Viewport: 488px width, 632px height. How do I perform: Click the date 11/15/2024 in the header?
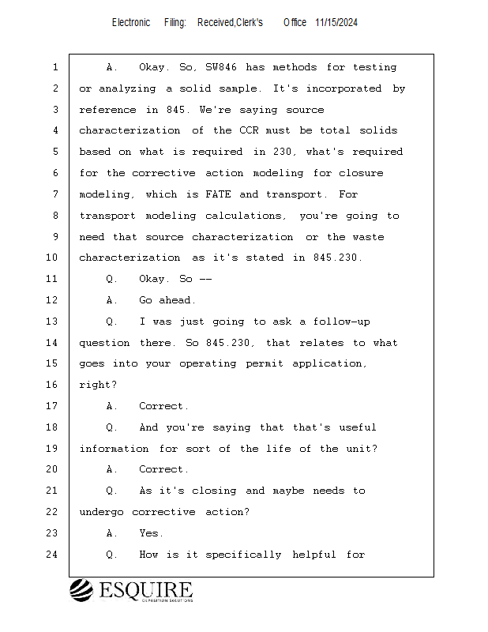[336, 23]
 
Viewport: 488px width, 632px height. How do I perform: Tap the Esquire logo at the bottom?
[131, 591]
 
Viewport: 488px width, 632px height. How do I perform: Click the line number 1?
[55, 68]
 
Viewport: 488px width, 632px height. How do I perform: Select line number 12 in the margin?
[52, 300]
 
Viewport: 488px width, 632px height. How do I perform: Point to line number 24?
[52, 555]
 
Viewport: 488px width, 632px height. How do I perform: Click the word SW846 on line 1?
[222, 68]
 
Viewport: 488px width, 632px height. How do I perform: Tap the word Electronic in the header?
[131, 23]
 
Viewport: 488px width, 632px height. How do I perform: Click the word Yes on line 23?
[152, 533]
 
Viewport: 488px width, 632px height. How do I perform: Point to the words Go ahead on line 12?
[167, 300]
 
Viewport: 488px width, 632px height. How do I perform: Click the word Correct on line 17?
[164, 406]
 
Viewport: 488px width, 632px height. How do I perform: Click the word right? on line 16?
[99, 385]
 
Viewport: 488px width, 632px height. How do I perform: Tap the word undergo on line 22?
[102, 512]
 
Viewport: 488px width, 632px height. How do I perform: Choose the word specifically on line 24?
[243, 555]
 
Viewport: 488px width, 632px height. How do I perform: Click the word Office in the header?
[295, 23]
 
